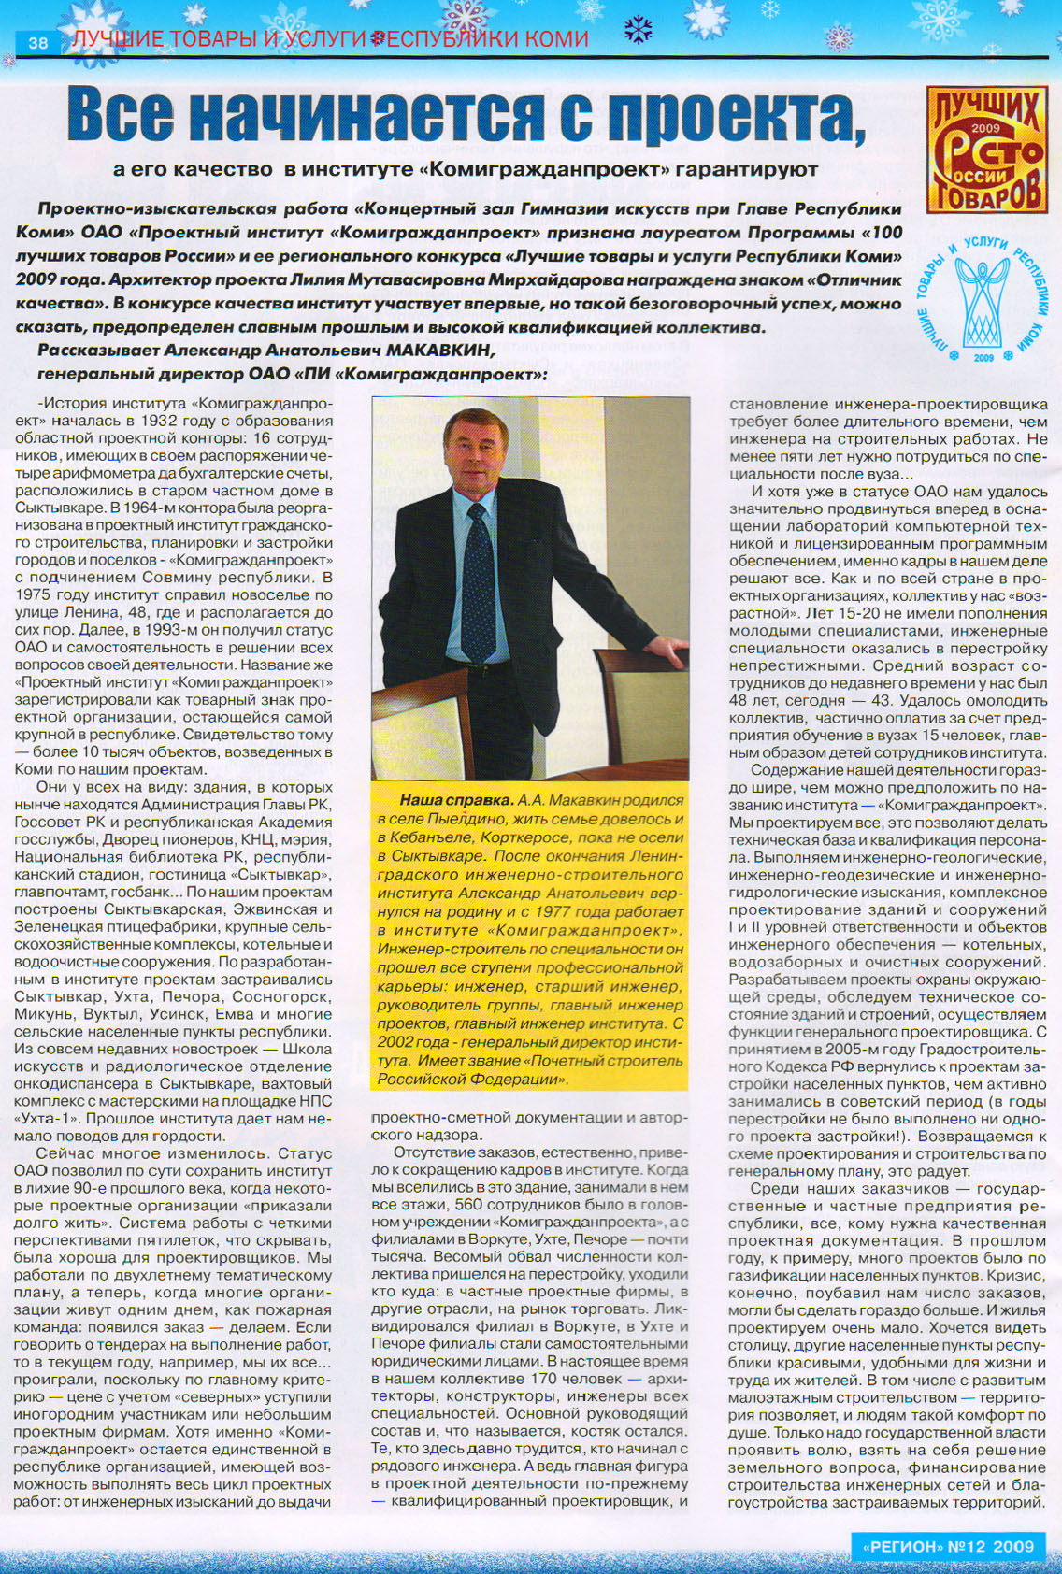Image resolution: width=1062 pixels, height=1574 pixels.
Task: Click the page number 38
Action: [38, 42]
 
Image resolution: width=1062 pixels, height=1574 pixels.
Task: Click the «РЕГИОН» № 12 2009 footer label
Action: [947, 1546]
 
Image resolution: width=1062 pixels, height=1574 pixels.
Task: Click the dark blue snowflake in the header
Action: [638, 30]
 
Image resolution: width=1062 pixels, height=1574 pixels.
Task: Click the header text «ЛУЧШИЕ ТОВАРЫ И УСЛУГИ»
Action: [220, 39]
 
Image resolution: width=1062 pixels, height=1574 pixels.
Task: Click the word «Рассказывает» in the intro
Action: [98, 351]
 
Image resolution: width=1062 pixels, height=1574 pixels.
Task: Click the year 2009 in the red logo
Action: [985, 128]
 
